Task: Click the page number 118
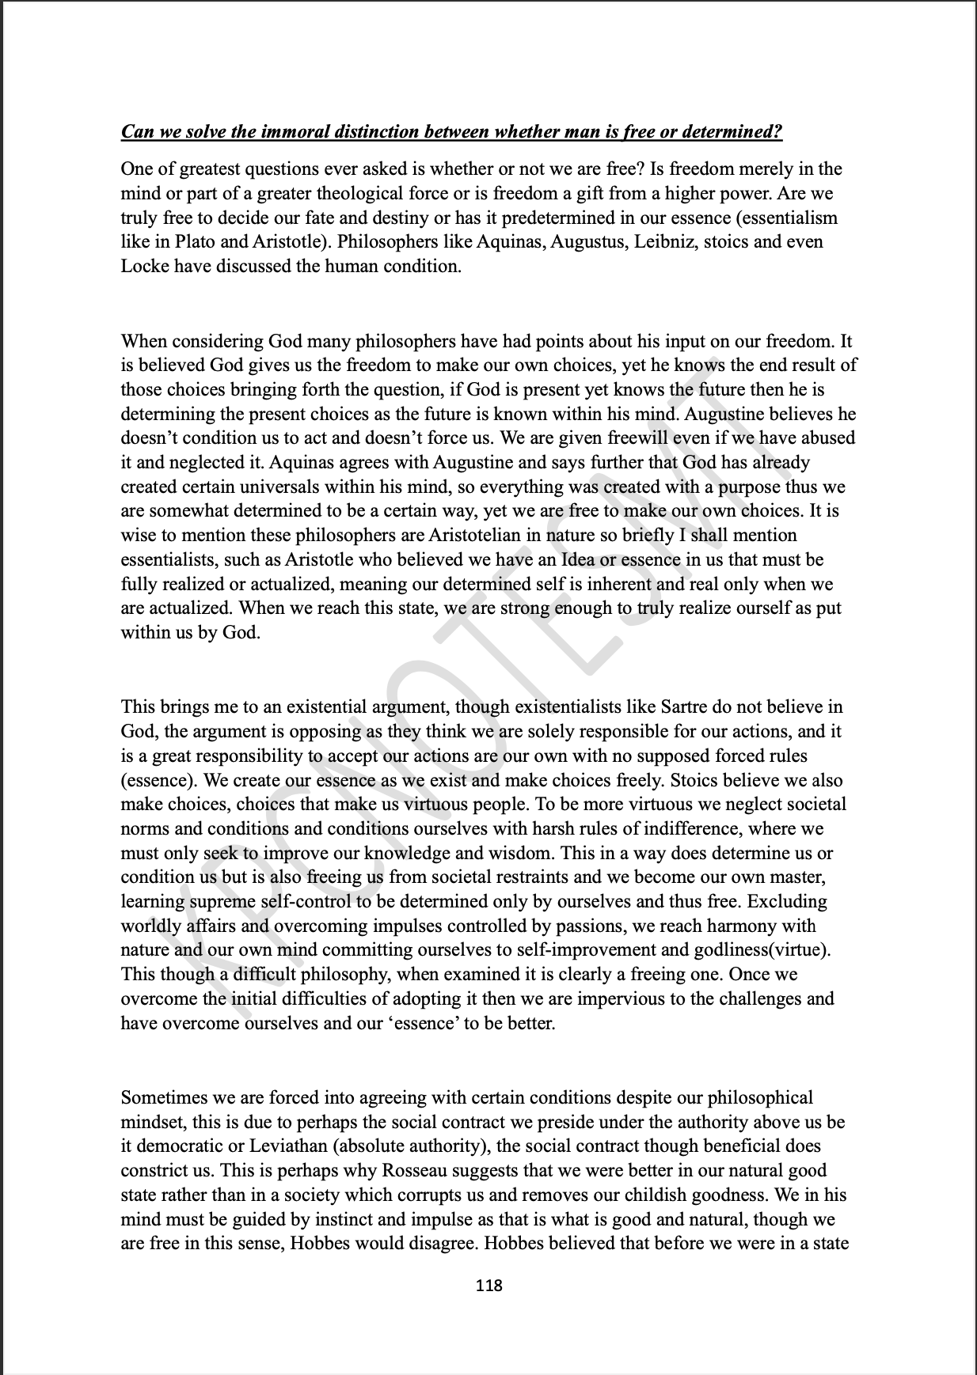[488, 1286]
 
